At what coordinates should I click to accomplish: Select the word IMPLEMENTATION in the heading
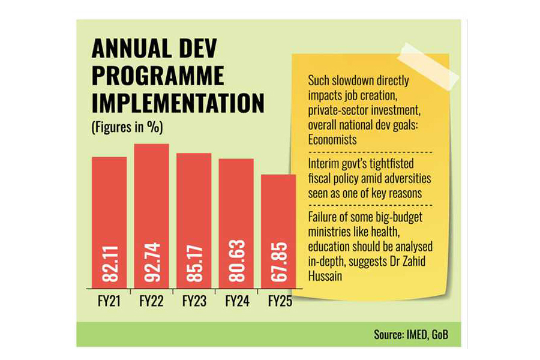tap(178, 103)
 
